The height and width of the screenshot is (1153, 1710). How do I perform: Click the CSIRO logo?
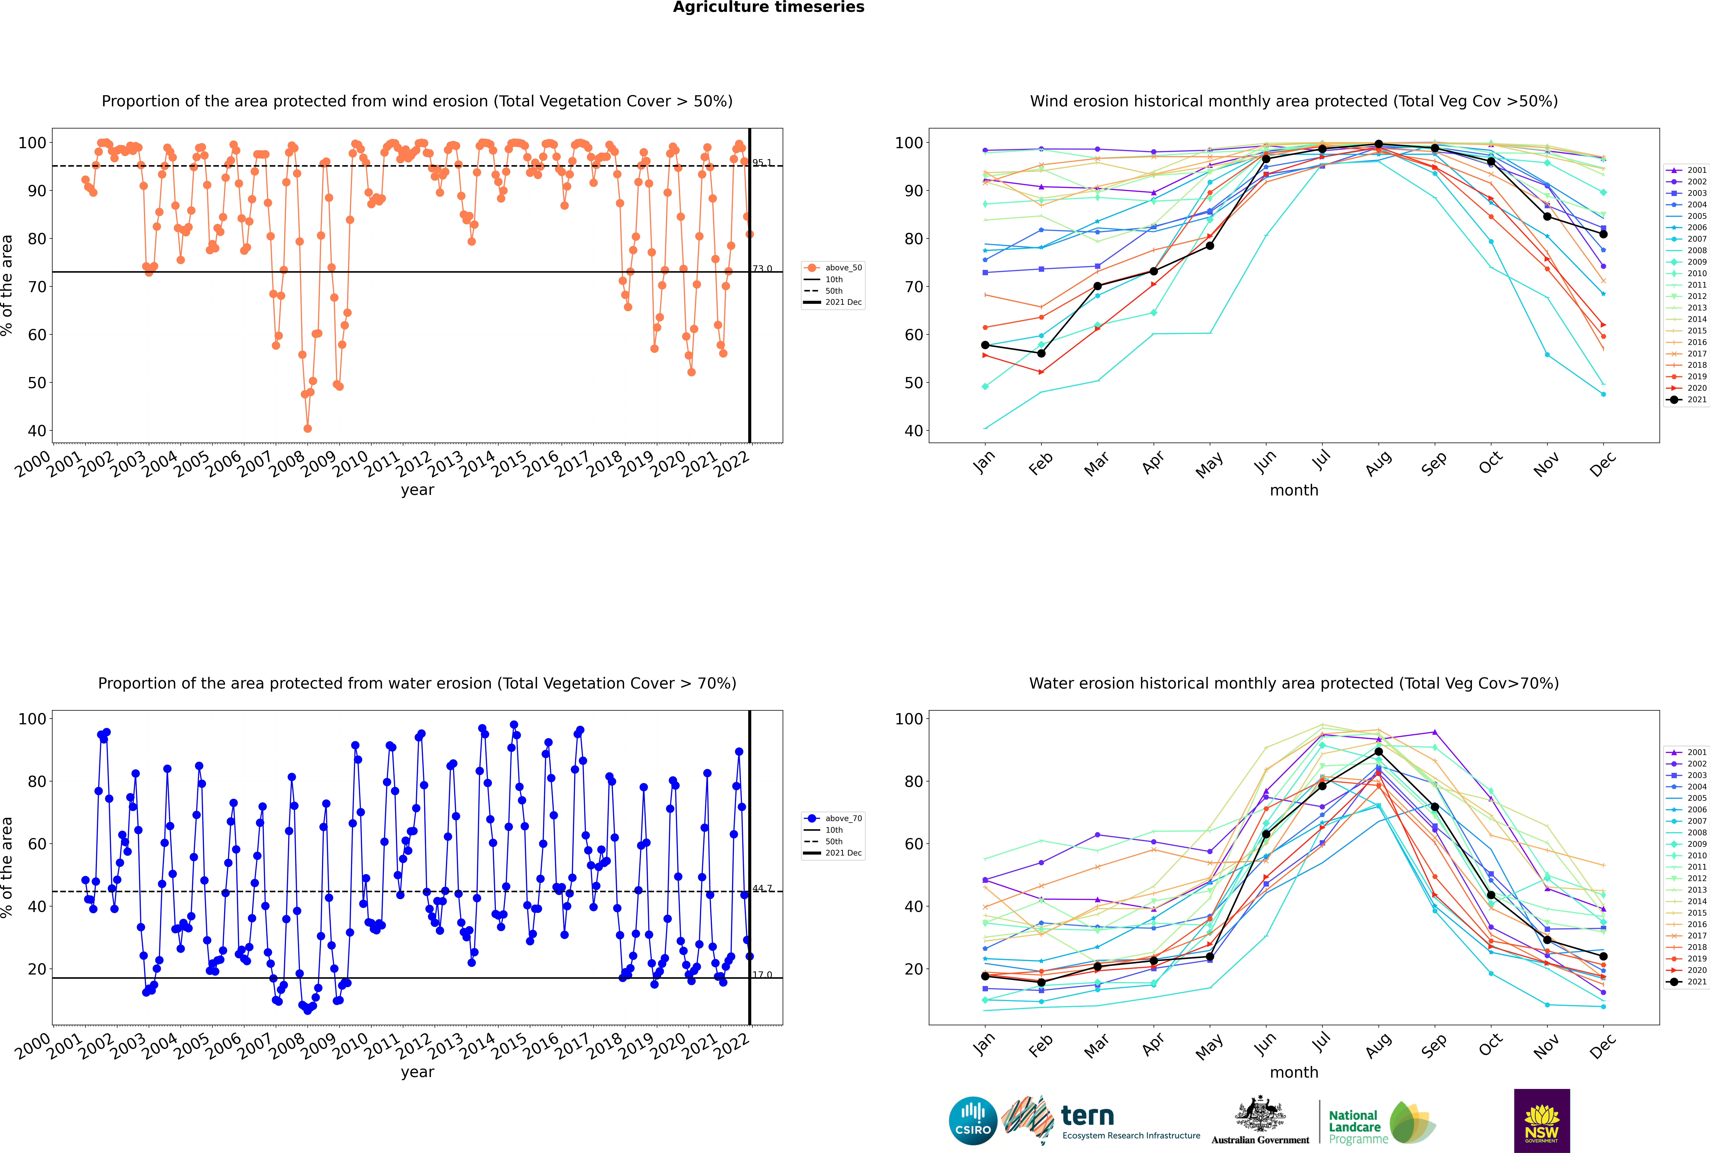[973, 1121]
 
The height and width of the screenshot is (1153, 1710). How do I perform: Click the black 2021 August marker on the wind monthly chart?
[1379, 144]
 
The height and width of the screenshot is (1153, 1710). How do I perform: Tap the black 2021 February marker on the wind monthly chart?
[1041, 354]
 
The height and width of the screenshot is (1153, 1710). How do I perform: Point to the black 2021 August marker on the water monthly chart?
[1379, 752]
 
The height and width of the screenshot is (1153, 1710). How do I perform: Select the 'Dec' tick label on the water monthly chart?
[1603, 1046]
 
